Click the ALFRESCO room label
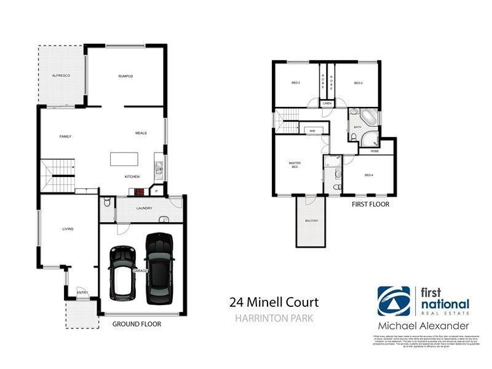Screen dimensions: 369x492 [x=61, y=75]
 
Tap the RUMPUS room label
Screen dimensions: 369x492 [x=126, y=76]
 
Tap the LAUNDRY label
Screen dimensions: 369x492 [x=144, y=207]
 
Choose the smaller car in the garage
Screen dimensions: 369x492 [x=122, y=271]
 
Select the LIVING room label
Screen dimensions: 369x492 [x=68, y=229]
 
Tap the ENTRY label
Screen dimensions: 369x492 [x=81, y=292]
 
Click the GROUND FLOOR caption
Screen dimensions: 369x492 [x=137, y=323]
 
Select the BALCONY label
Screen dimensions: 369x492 [x=311, y=221]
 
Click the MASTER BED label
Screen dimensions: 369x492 [x=294, y=164]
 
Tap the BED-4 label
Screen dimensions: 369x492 [x=369, y=175]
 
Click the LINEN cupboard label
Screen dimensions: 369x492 [x=327, y=103]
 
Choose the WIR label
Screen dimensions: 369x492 [x=312, y=130]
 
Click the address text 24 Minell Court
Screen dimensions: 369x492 [x=274, y=302]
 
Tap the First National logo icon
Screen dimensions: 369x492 [x=394, y=301]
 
